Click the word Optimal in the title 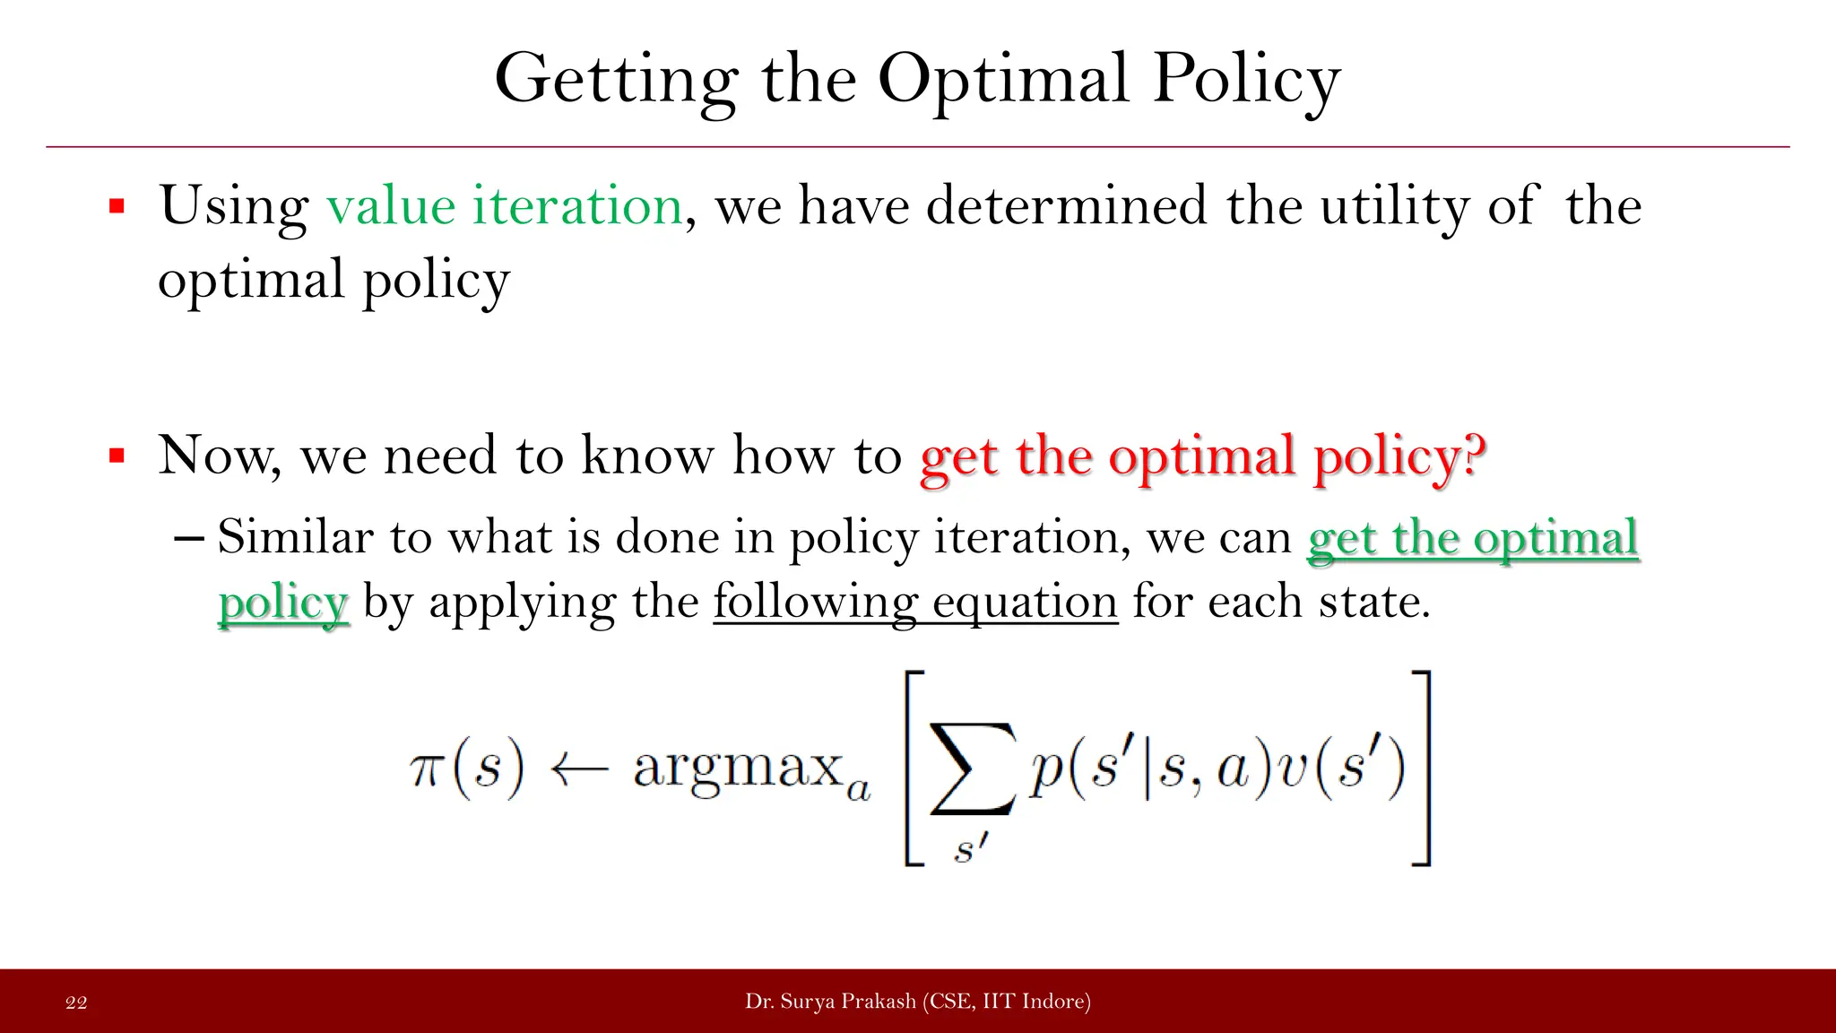coord(1002,79)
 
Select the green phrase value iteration coord(505,205)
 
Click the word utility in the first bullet coord(1394,207)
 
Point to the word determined coord(1066,205)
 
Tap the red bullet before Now coord(117,456)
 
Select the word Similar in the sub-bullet coord(294,537)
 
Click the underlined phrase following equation coord(915,602)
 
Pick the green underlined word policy coord(282,603)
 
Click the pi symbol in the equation coord(425,768)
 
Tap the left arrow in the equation coord(578,768)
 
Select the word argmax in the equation coord(738,768)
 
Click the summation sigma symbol coord(973,768)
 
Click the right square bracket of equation coord(1421,768)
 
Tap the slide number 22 coord(76,1003)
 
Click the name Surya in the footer coord(808,1002)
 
